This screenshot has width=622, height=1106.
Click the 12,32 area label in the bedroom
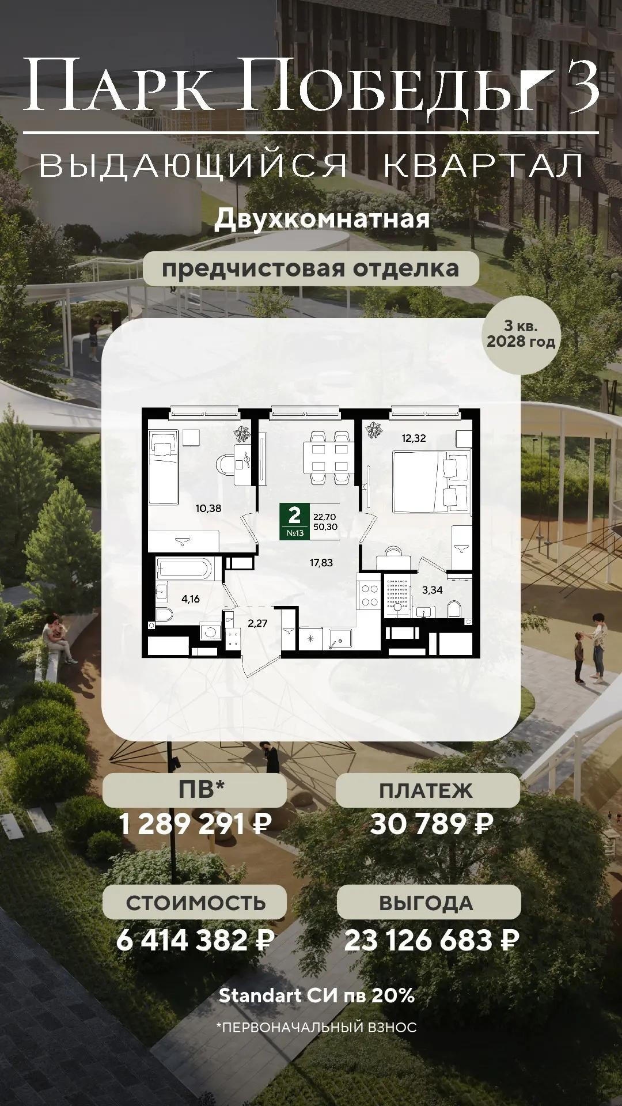point(414,438)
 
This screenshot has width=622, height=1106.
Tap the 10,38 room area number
point(208,508)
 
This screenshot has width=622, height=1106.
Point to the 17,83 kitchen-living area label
point(321,563)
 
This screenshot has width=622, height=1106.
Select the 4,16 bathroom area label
point(191,599)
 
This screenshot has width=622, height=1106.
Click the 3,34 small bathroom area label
point(433,590)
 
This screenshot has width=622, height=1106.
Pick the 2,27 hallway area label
point(257,623)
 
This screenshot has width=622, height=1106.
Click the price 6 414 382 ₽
point(195,941)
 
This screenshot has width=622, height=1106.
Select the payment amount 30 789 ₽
point(431,824)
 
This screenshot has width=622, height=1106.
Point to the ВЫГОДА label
point(426,903)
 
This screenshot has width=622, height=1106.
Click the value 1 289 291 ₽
point(195,824)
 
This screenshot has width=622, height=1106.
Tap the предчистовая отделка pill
point(311,268)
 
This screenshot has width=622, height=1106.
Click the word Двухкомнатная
point(323,219)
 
